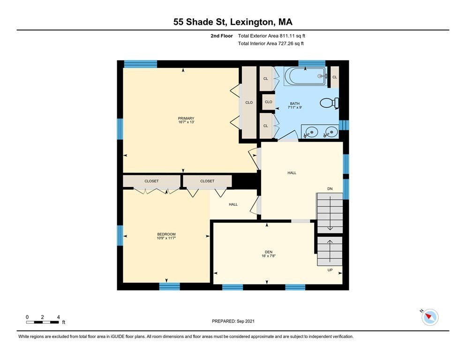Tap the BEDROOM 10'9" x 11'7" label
166,236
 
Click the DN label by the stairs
330,189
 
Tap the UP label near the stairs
330,270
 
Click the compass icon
430,317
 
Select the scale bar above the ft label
42,322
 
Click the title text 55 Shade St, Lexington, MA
233,22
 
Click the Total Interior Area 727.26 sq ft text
271,44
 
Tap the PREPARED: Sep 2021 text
233,321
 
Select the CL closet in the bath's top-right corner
334,77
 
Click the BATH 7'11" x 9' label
295,105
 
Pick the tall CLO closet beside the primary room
249,103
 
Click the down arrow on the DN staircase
330,216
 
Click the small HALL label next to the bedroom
233,204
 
